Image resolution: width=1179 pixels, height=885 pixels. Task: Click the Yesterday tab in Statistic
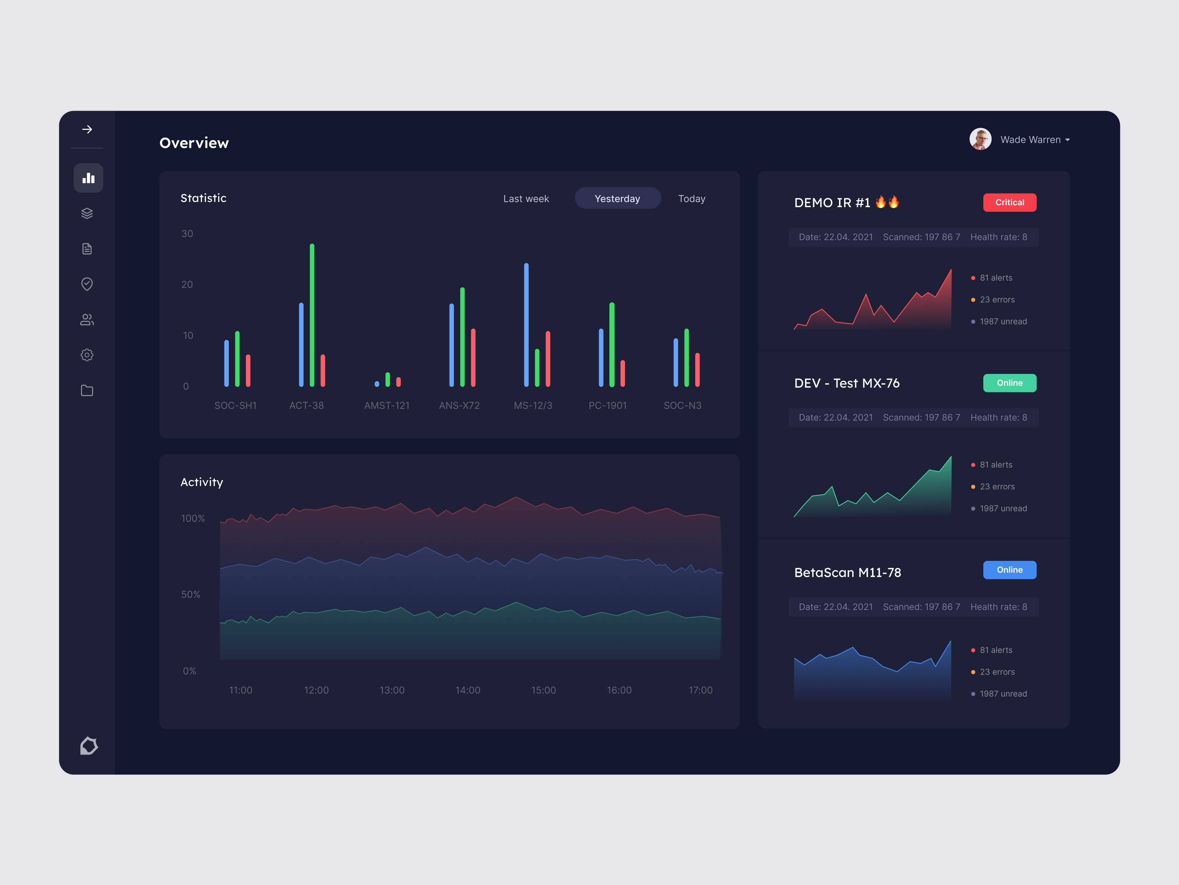[x=617, y=198]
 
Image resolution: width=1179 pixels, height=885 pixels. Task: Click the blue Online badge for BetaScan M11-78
[x=1009, y=570]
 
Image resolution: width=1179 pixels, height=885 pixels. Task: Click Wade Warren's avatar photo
[x=980, y=139]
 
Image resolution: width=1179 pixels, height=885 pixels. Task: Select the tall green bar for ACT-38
[x=312, y=315]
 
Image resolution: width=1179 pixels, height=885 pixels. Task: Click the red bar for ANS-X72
[x=473, y=357]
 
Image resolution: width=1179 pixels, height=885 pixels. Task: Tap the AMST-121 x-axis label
[x=386, y=405]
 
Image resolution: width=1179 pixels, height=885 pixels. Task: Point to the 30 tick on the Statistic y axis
[x=187, y=234]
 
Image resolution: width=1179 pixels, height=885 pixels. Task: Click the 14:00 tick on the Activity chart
[x=468, y=690]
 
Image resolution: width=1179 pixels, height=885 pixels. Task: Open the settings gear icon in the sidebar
[x=87, y=355]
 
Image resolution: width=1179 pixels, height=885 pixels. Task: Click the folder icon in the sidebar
[x=87, y=391]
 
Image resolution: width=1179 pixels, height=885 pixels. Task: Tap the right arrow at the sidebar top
[x=87, y=129]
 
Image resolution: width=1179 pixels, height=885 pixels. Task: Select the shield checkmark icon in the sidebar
[x=87, y=284]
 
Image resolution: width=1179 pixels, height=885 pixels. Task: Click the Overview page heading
[x=194, y=143]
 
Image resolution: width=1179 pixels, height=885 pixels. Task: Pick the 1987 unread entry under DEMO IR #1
[x=1003, y=322]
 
